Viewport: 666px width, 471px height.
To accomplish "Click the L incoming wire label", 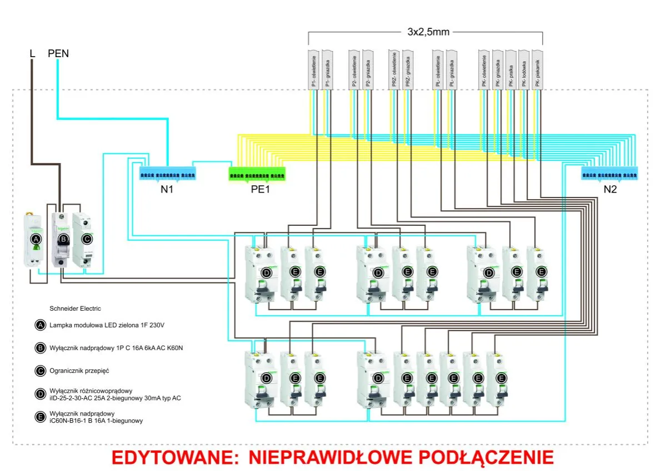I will coord(32,54).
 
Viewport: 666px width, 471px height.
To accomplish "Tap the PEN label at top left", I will coord(58,54).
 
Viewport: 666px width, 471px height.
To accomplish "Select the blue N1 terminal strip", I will coord(167,175).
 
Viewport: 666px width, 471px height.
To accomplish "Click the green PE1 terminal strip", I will coord(257,175).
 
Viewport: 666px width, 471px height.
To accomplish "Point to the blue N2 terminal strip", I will coord(610,175).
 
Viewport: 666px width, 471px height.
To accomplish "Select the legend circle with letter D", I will coord(40,394).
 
